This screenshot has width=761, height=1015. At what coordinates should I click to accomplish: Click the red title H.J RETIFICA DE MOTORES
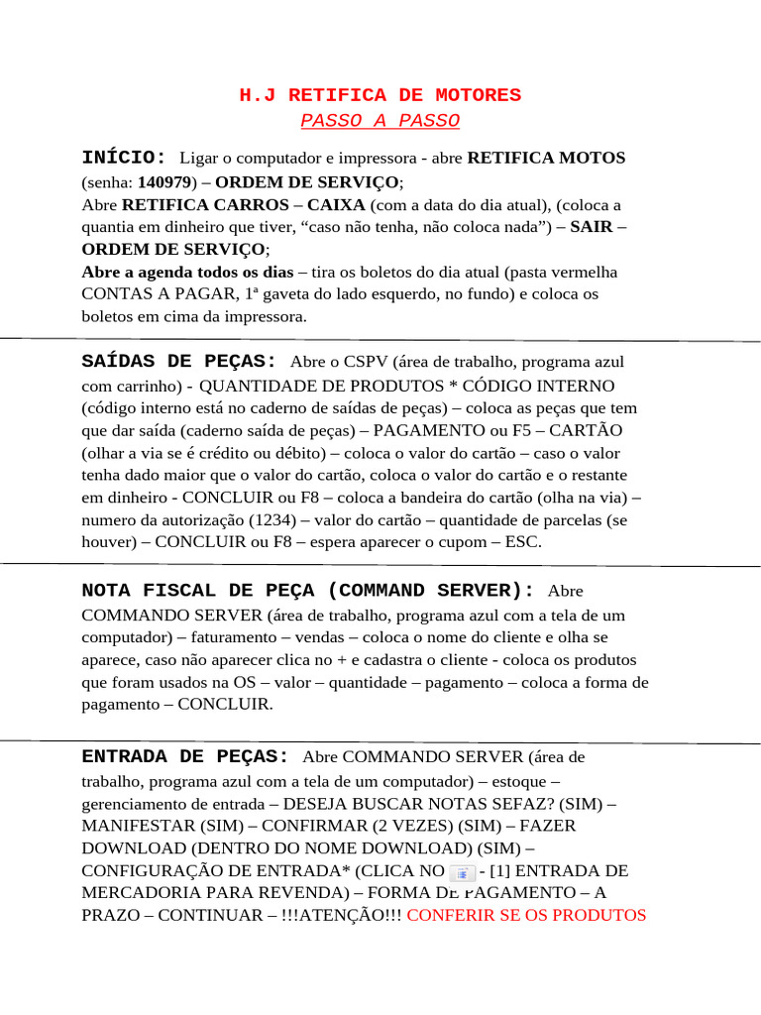click(380, 95)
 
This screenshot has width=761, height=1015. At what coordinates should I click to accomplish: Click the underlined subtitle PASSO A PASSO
click(380, 121)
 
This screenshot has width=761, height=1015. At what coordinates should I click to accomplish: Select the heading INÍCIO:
click(125, 158)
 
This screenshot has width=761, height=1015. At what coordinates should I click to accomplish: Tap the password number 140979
click(165, 182)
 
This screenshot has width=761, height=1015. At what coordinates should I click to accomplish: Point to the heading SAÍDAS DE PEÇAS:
click(179, 362)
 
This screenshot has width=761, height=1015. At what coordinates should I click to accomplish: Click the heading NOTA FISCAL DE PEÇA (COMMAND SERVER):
click(307, 591)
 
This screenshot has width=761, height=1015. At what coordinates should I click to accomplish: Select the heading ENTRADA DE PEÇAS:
click(185, 756)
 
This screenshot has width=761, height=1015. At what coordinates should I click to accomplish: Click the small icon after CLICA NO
click(462, 873)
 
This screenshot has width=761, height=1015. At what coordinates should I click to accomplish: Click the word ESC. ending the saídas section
click(522, 542)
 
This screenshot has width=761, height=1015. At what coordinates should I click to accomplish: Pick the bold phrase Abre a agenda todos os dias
click(187, 272)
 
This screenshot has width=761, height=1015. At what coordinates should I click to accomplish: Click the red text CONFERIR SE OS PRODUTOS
click(526, 915)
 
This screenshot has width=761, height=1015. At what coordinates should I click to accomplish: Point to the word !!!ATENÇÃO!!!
click(346, 915)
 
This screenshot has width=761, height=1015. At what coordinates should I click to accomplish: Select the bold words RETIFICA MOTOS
click(546, 159)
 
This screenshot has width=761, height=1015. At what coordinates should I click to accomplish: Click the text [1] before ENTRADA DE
click(503, 870)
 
